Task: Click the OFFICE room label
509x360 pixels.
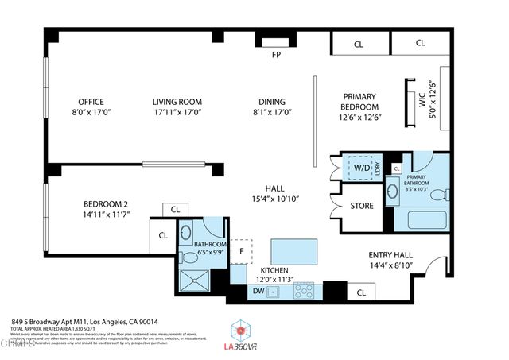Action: tap(91, 102)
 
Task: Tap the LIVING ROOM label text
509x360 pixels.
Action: tap(177, 102)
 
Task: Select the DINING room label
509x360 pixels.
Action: tap(271, 102)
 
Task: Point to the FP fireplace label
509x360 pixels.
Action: tap(276, 55)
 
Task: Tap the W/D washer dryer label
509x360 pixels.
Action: tap(361, 168)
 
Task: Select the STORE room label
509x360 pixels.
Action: tap(362, 207)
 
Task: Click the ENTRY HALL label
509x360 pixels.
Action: tap(389, 255)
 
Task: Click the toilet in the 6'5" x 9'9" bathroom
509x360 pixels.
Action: tap(185, 234)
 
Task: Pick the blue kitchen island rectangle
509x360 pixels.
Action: tap(293, 252)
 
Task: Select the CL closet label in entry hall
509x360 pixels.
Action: tap(361, 292)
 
